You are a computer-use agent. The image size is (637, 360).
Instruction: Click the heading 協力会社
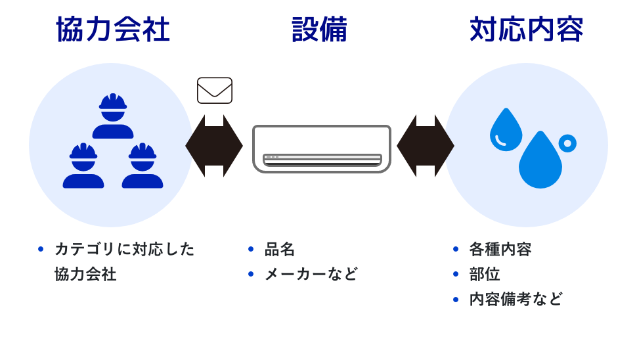pyautogui.click(x=113, y=30)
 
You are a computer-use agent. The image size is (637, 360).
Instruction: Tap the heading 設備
pyautogui.click(x=319, y=30)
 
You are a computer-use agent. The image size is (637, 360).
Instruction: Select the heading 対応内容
pyautogui.click(x=526, y=30)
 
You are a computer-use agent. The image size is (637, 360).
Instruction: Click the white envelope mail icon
pyautogui.click(x=215, y=91)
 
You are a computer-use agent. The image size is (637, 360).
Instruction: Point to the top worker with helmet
pyautogui.click(x=113, y=116)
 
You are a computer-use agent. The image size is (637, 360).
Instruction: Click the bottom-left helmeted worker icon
pyautogui.click(x=83, y=166)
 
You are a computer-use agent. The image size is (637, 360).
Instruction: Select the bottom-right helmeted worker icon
pyautogui.click(x=143, y=166)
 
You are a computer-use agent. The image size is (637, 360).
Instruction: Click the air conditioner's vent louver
pyautogui.click(x=322, y=160)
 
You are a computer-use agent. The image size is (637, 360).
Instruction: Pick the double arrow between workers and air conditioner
pyautogui.click(x=214, y=146)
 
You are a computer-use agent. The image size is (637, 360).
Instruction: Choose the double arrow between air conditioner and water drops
pyautogui.click(x=426, y=146)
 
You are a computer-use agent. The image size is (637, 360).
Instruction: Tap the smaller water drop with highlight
pyautogui.click(x=506, y=130)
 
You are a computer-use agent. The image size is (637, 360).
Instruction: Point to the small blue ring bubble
pyautogui.click(x=567, y=143)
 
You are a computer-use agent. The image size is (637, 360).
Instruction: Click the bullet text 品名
pyautogui.click(x=280, y=249)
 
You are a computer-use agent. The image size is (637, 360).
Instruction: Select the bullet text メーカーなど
pyautogui.click(x=311, y=274)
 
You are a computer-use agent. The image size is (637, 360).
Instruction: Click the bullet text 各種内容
pyautogui.click(x=500, y=249)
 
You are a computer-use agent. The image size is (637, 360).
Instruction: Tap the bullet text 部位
pyautogui.click(x=485, y=274)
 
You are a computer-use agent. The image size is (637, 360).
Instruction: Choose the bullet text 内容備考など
pyautogui.click(x=516, y=299)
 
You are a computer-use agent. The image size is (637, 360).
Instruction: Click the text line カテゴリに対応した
pyautogui.click(x=125, y=249)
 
